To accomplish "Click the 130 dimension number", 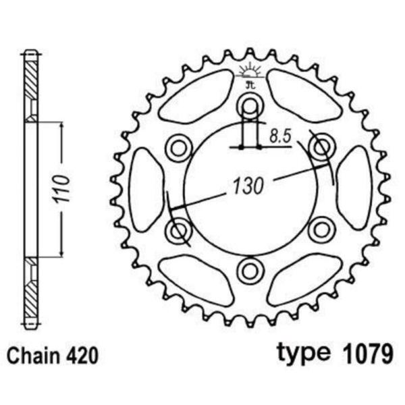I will click(x=247, y=186).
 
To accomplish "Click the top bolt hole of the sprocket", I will click(x=250, y=105).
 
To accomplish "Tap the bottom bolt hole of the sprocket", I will click(x=250, y=271).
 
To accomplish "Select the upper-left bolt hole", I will click(x=179, y=146).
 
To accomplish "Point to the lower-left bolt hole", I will click(x=179, y=230).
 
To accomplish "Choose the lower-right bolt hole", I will click(x=321, y=230).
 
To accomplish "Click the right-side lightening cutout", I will click(x=355, y=188).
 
